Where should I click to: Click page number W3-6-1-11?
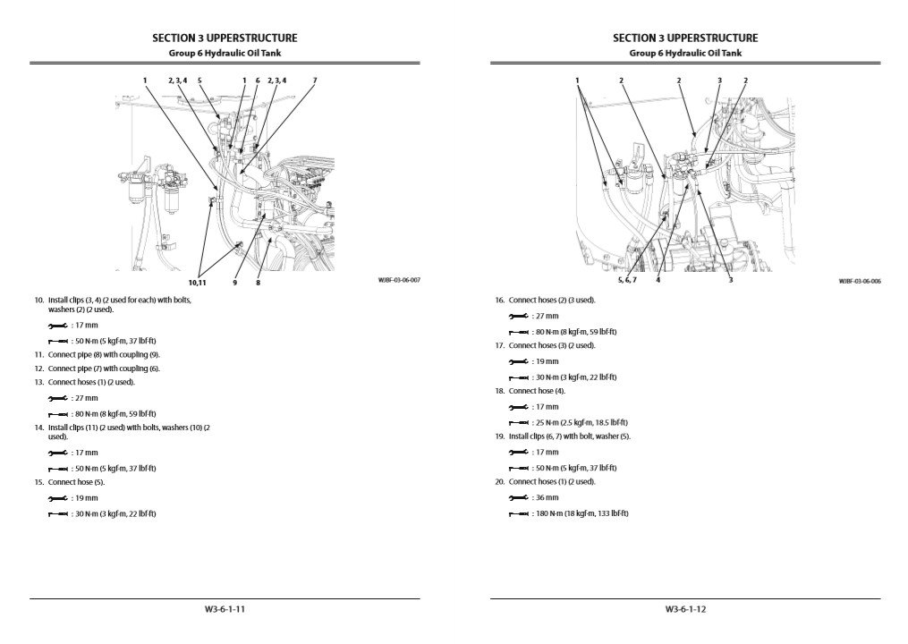coord(225,610)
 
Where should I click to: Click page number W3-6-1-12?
coord(685,610)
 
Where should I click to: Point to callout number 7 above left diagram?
coord(315,80)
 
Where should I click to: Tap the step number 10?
coord(38,300)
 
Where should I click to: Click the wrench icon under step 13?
coord(56,398)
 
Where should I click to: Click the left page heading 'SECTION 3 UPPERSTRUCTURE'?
coord(225,38)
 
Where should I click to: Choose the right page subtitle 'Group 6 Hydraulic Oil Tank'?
coord(685,53)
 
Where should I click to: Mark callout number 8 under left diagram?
coord(258,283)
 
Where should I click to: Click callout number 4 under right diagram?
coord(658,280)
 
